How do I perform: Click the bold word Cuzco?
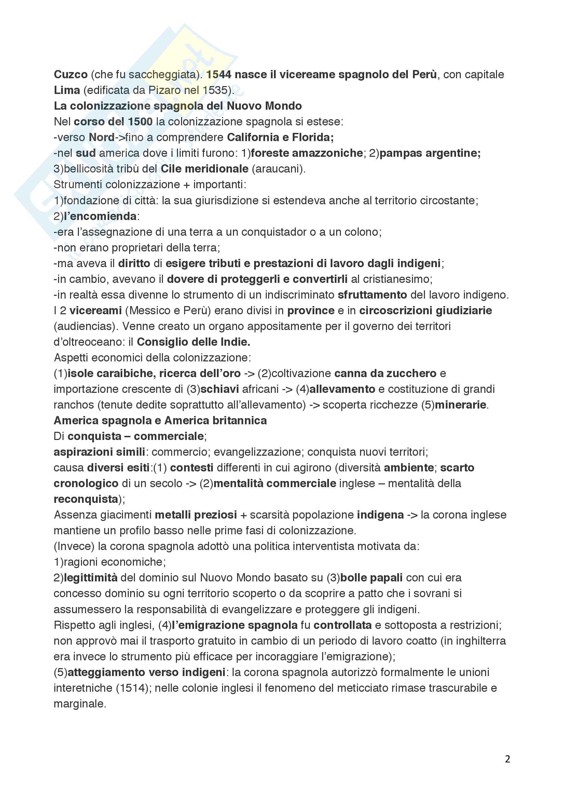click(71, 74)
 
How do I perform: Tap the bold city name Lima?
click(67, 90)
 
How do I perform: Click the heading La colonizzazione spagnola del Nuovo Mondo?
click(177, 106)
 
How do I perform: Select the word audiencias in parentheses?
click(85, 326)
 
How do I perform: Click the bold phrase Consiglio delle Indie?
click(193, 342)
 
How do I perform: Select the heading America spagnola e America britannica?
click(160, 421)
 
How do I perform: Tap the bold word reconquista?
click(86, 499)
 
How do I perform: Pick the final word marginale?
click(79, 704)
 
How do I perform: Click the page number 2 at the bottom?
click(508, 759)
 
